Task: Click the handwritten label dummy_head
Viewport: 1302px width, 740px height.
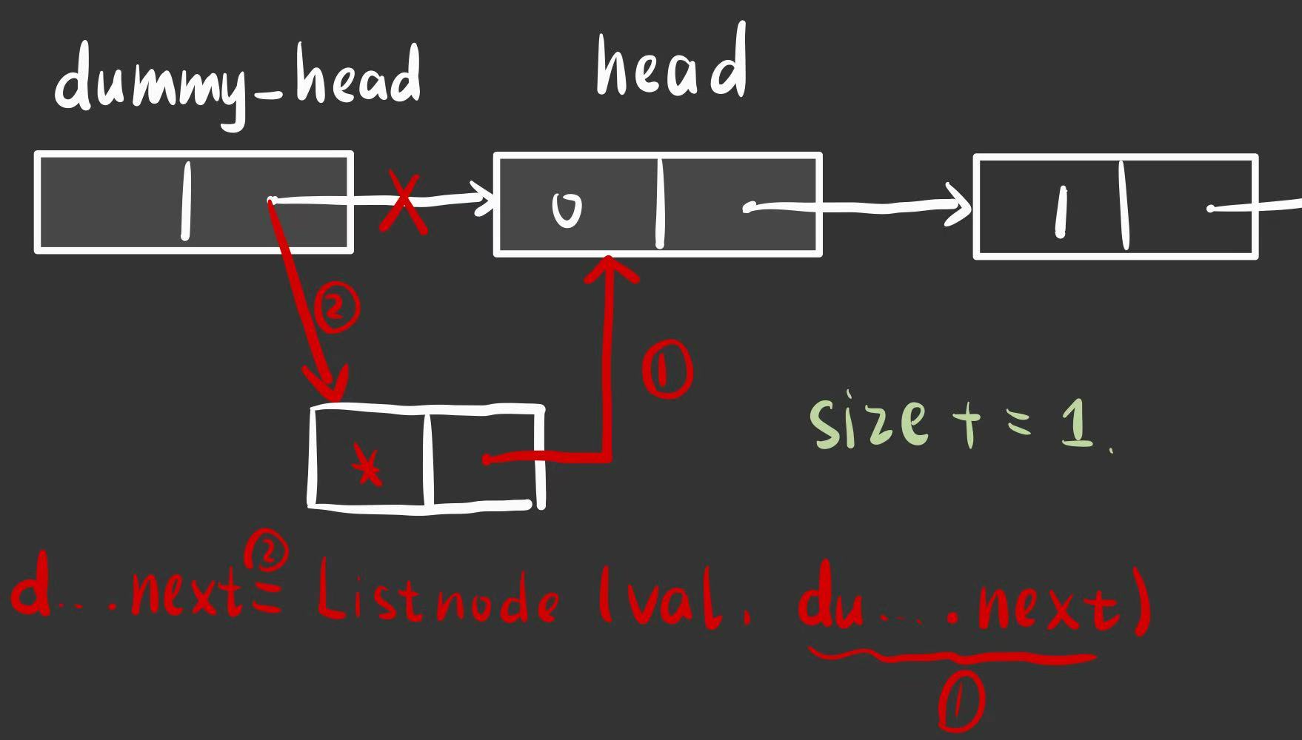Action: point(237,81)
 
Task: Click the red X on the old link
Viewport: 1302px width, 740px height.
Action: point(404,203)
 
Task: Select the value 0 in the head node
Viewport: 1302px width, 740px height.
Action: point(567,209)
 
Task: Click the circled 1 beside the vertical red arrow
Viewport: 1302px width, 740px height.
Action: point(667,371)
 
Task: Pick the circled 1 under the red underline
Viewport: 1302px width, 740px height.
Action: point(961,703)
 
